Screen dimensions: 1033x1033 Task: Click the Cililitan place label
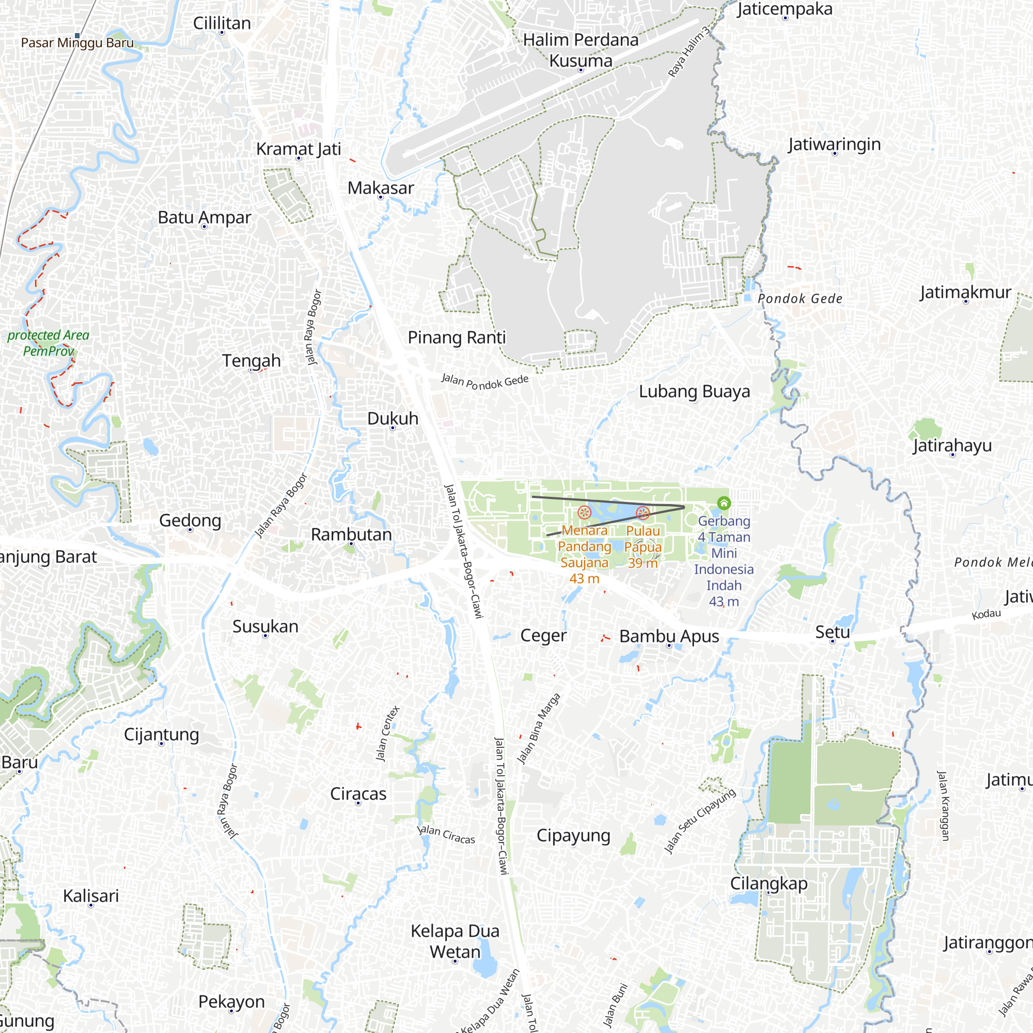tap(222, 24)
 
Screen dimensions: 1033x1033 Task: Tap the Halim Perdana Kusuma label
tap(581, 50)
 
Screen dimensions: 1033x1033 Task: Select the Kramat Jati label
tap(299, 149)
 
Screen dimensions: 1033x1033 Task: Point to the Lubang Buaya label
tap(694, 392)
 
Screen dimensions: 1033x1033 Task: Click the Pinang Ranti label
tap(457, 338)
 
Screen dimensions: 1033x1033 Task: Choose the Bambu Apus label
tap(669, 637)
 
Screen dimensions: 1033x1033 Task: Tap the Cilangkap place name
tap(769, 883)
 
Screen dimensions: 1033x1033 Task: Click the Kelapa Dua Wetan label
tap(455, 942)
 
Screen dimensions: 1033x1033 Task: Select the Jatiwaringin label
tap(834, 145)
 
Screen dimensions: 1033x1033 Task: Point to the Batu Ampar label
tap(204, 217)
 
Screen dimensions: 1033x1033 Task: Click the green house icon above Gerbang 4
tap(724, 503)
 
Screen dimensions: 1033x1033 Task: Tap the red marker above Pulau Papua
tap(643, 513)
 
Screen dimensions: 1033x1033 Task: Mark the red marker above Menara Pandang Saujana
tap(584, 513)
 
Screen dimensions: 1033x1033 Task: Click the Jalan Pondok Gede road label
tap(484, 382)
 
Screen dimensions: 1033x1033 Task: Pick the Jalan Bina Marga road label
tap(538, 728)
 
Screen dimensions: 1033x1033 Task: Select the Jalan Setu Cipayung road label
tap(699, 821)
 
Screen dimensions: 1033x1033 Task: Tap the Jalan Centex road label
tap(388, 733)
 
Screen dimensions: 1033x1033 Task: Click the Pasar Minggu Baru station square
tap(77, 36)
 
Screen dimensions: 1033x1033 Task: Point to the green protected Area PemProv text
tap(48, 343)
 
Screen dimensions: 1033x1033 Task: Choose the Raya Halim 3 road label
tap(689, 51)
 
